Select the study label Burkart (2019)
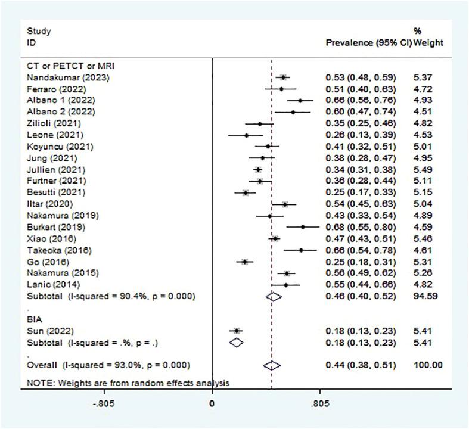click(x=56, y=227)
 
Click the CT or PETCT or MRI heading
click(x=67, y=66)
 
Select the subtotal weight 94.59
click(x=424, y=296)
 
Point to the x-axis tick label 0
click(x=213, y=403)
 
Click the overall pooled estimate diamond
click(x=272, y=365)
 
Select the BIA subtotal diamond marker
click(x=237, y=342)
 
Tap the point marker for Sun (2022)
click(x=237, y=330)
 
